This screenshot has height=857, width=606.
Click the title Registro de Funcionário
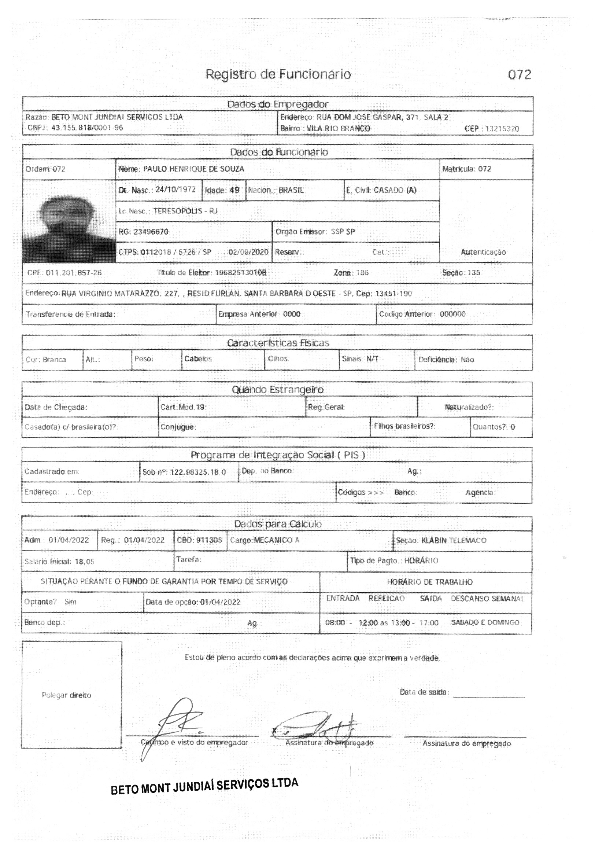tap(278, 74)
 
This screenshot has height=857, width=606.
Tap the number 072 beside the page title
tap(519, 75)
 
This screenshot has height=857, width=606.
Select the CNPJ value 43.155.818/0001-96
tap(87, 128)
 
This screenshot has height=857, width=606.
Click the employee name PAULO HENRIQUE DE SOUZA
tap(193, 169)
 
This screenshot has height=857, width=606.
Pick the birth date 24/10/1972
tap(175, 190)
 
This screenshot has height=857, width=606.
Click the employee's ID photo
tap(69, 222)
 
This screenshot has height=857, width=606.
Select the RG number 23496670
tap(151, 232)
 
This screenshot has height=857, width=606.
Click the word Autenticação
tap(483, 252)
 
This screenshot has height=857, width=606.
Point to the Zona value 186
tap(362, 273)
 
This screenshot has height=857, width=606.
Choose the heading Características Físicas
tap(278, 343)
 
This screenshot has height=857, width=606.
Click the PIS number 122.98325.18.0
tap(198, 472)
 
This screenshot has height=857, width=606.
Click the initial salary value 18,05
tap(84, 562)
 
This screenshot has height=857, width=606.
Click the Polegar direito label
tap(66, 695)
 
